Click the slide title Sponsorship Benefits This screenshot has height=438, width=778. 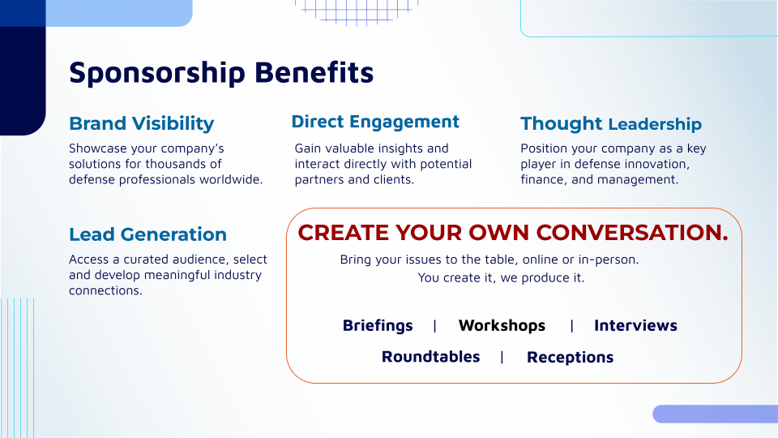pos(221,73)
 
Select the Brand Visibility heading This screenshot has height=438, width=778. pos(141,123)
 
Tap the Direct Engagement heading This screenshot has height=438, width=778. pos(375,122)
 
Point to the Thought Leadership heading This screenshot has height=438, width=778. pos(611,123)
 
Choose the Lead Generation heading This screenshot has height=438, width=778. pos(147,234)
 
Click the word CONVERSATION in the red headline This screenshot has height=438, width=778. pos(632,233)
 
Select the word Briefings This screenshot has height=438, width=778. pos(378,326)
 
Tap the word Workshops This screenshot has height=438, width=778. pos(502,325)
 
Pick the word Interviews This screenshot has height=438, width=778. pos(635,325)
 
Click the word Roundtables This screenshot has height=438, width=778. pos(430,357)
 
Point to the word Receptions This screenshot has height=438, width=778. pos(570,358)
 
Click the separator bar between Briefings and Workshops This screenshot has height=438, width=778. pos(434,326)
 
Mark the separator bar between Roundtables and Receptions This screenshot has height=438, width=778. pos(502,357)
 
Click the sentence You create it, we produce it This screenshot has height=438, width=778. pos(501,277)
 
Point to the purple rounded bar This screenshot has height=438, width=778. pos(715,414)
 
